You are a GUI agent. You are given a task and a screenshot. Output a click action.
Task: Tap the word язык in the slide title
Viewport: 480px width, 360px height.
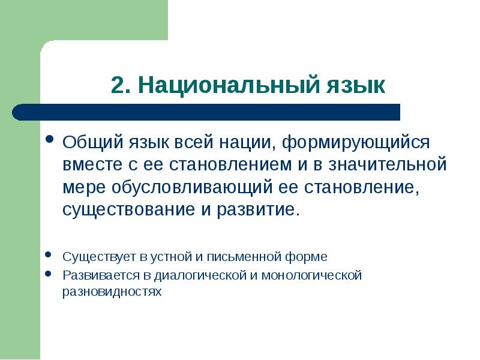357,85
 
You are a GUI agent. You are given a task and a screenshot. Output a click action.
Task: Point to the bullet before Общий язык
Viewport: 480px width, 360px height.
50,142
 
